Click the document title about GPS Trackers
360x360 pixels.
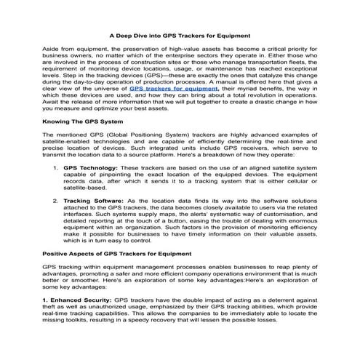pyautogui.click(x=179, y=33)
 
